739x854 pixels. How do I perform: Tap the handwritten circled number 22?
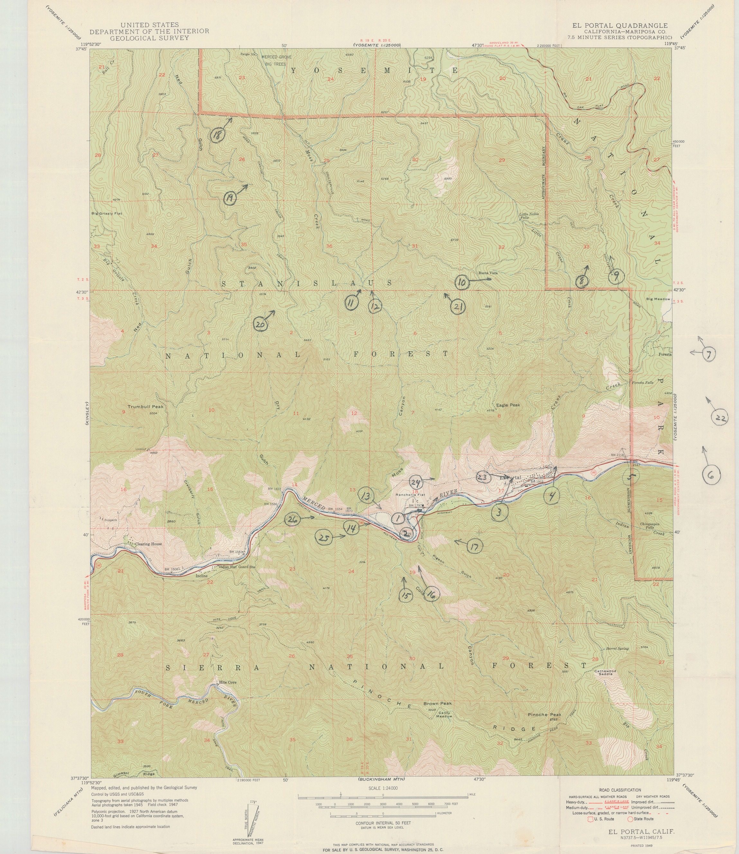(720, 418)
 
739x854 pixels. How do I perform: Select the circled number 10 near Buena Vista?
(462, 283)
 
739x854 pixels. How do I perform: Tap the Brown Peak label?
(438, 703)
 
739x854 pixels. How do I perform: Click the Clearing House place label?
(149, 544)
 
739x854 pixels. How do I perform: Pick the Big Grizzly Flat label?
(106, 214)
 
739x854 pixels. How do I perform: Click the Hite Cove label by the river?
(228, 682)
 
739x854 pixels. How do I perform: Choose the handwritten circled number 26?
(292, 519)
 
